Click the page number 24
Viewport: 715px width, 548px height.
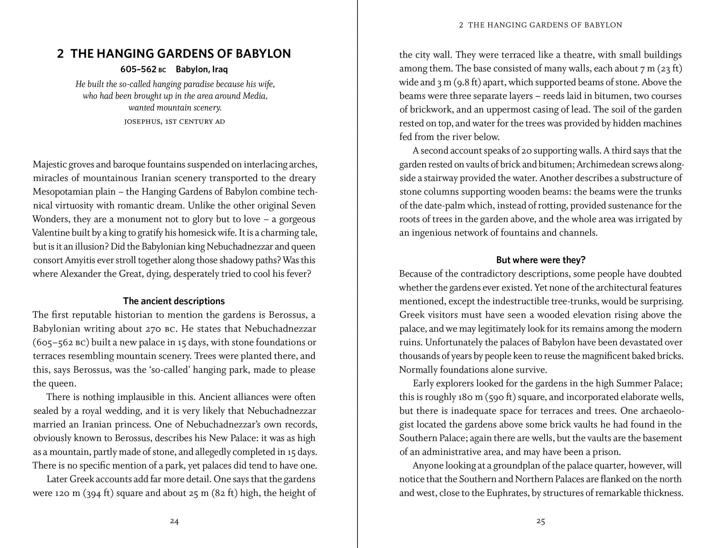(x=174, y=521)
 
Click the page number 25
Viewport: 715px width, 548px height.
(x=541, y=521)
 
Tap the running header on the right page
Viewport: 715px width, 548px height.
(x=541, y=25)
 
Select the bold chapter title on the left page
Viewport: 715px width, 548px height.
(x=174, y=54)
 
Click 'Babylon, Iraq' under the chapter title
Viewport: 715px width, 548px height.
(x=202, y=69)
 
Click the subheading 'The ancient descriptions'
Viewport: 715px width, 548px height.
(x=174, y=301)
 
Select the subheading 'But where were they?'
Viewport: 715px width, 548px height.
(x=541, y=260)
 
